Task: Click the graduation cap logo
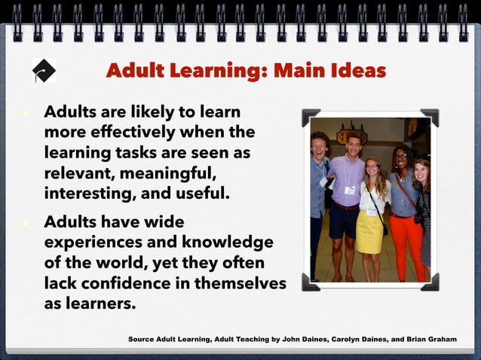44,70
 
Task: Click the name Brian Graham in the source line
431,340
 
